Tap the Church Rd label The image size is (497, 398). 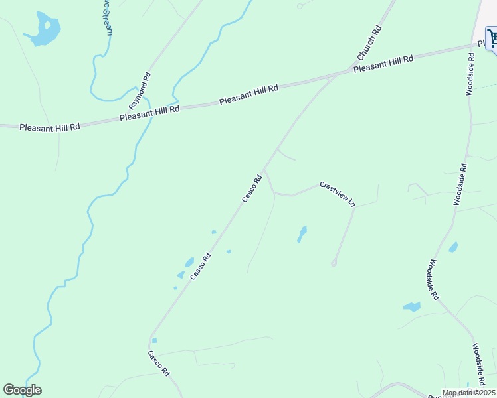click(369, 41)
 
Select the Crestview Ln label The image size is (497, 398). click(338, 194)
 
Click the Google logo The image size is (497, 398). click(22, 390)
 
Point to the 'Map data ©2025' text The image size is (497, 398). click(468, 393)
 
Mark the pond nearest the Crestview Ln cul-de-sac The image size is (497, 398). click(302, 234)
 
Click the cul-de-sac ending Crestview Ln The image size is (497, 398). click(334, 263)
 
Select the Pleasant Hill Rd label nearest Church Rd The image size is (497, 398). click(383, 64)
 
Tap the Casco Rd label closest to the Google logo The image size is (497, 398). click(159, 363)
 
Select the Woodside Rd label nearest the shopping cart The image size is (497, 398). click(470, 70)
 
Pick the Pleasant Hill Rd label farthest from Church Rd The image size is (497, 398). click(50, 126)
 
